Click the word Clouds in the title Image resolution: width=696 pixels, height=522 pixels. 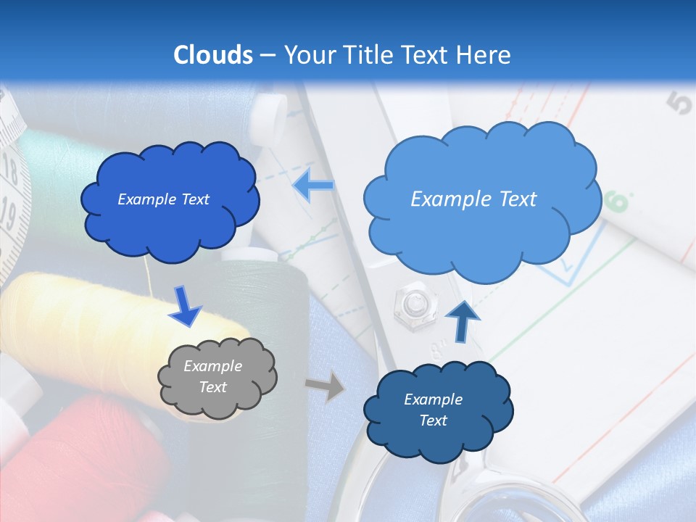(x=213, y=55)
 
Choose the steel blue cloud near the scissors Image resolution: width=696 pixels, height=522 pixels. (x=437, y=410)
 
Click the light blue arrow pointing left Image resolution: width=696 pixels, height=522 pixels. (x=313, y=186)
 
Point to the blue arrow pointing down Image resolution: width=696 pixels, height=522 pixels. (x=184, y=307)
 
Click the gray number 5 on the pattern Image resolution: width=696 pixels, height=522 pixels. (x=681, y=105)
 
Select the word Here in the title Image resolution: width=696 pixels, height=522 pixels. (x=486, y=55)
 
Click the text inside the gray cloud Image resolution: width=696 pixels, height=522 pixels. (x=213, y=377)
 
